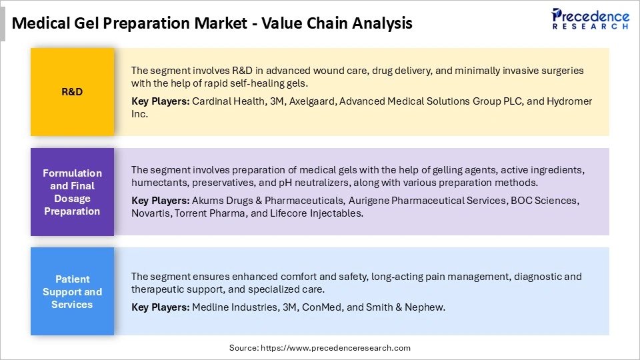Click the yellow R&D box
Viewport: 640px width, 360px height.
pos(72,92)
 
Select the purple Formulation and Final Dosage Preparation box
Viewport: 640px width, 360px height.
pos(72,192)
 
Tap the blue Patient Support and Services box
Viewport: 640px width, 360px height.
pos(72,292)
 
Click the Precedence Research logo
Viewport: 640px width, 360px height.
pos(590,19)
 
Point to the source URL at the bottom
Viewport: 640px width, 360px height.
pos(320,348)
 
